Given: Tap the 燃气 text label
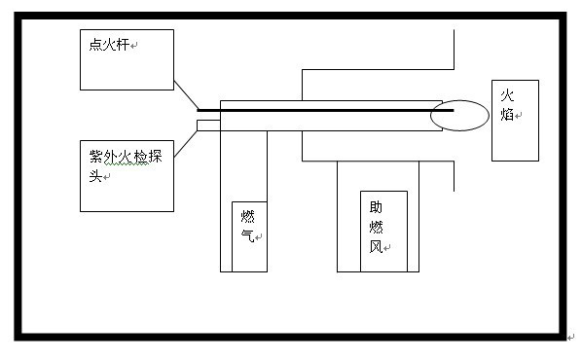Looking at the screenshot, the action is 247,227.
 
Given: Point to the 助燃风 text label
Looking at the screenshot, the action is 376,227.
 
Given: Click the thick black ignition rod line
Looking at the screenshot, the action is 321,110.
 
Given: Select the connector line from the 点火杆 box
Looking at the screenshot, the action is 185,94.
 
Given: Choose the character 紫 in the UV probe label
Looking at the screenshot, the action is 89,158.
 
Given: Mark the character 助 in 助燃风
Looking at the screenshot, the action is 376,207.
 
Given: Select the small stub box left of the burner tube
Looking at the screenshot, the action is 207,124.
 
